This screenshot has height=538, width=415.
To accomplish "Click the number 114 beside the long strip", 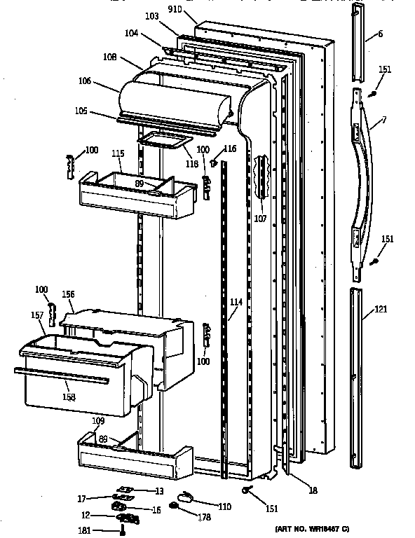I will tap(236, 303).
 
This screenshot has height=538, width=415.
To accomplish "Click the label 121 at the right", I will tap(381, 309).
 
